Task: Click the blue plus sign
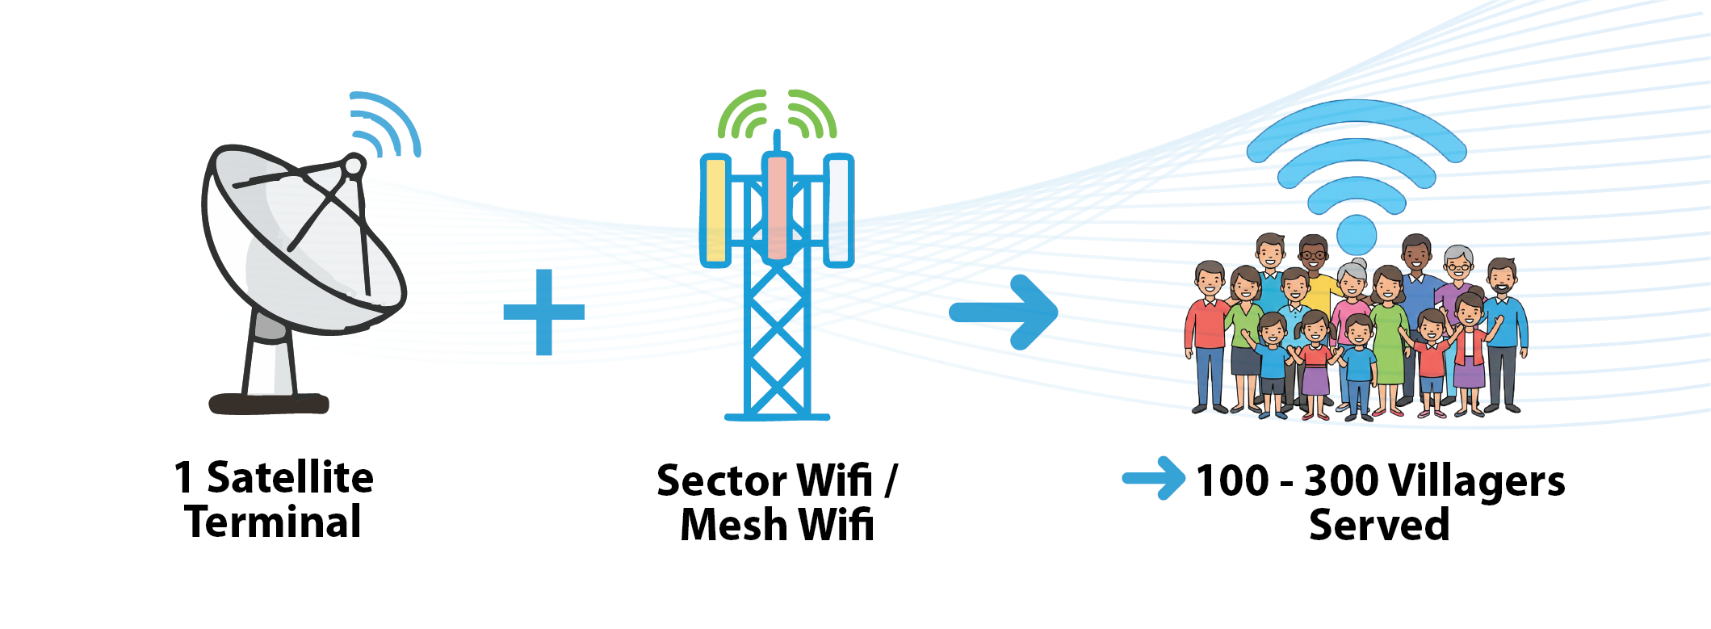point(543,312)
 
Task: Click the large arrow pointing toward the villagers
point(1004,312)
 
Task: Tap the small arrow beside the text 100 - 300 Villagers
point(1154,478)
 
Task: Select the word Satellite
point(290,477)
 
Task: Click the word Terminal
point(273,522)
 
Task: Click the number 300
point(1341,481)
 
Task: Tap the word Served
point(1379,525)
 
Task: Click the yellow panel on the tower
point(715,211)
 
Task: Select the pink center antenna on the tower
point(777,208)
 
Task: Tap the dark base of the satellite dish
point(269,403)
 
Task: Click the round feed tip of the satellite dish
point(354,166)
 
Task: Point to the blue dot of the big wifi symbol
point(1356,235)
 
